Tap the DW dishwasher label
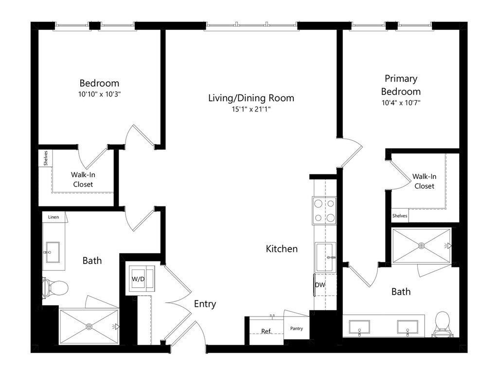pyautogui.click(x=320, y=285)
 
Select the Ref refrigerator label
pyautogui.click(x=266, y=331)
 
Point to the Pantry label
pyautogui.click(x=296, y=329)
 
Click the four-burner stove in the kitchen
pyautogui.click(x=324, y=210)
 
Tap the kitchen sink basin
pyautogui.click(x=325, y=257)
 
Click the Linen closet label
pyautogui.click(x=53, y=217)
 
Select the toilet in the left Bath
pyautogui.click(x=55, y=288)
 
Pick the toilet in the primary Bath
pyautogui.click(x=442, y=324)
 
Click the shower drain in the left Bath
pyautogui.click(x=89, y=326)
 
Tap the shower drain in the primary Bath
pyautogui.click(x=422, y=245)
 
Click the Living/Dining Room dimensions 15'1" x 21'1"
pyautogui.click(x=251, y=110)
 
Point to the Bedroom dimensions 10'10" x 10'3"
pyautogui.click(x=99, y=94)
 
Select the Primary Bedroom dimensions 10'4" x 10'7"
pyautogui.click(x=401, y=103)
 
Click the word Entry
pyautogui.click(x=205, y=304)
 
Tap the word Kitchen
pyautogui.click(x=282, y=249)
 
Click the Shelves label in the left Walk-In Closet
pyautogui.click(x=45, y=158)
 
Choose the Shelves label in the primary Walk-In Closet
pyautogui.click(x=400, y=216)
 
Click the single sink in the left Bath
pyautogui.click(x=53, y=252)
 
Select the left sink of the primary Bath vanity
pyautogui.click(x=359, y=327)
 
